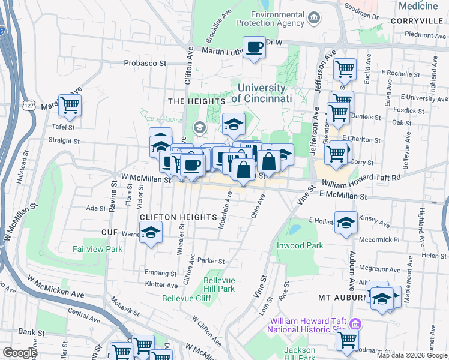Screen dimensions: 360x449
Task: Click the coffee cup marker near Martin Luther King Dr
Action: pos(254,47)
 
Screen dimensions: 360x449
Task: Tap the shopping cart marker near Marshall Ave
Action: pos(70,106)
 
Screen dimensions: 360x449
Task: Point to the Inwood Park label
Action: pos(300,245)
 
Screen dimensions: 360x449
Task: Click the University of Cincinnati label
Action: pos(258,93)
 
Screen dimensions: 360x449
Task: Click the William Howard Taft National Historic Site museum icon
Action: pos(355,324)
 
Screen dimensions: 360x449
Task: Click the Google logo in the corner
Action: pos(20,353)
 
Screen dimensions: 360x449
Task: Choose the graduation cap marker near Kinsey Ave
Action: pos(346,223)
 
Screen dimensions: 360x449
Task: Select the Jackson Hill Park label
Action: pos(300,354)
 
